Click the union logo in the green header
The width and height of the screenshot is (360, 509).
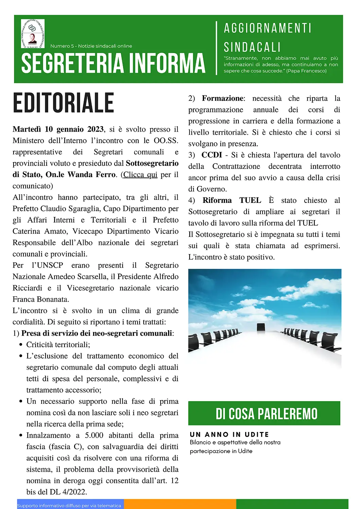coord(33,34)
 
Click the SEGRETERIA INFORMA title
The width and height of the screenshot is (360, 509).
coord(113,63)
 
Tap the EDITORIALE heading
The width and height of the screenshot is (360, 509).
coord(64,103)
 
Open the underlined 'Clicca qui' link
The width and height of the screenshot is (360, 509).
coord(140,175)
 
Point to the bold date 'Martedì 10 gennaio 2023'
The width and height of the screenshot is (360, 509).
coord(58,129)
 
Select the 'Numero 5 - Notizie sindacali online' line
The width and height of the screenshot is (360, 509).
coord(91,46)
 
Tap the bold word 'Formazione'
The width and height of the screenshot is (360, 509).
coord(223,98)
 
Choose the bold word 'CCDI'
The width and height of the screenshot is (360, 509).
coord(212,155)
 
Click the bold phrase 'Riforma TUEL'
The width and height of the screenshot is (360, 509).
coord(232,201)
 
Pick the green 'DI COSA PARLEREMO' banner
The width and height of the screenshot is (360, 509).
coord(264,413)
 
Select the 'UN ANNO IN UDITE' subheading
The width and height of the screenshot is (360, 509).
coord(229,435)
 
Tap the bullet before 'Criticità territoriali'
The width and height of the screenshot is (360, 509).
coord(21,345)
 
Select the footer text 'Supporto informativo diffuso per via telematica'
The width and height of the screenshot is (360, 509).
coord(69,506)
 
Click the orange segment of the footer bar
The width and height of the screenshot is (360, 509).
coord(180,504)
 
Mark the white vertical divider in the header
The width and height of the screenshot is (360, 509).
coord(216,48)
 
